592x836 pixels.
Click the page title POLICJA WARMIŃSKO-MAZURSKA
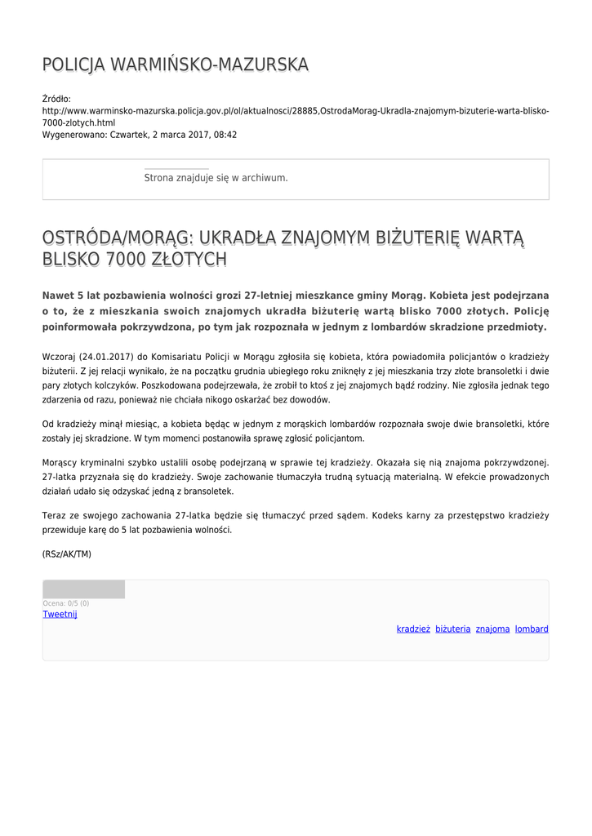pos(175,64)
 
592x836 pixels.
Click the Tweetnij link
pos(60,614)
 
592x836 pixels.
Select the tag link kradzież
pos(413,629)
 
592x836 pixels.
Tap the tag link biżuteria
pos(452,629)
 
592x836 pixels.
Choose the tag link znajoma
pos(492,629)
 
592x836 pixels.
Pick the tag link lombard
pos(532,629)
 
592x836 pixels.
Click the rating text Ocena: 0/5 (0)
pos(66,603)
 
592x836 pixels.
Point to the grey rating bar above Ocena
pos(83,589)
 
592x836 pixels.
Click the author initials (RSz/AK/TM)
pos(67,554)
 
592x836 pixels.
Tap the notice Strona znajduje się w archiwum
pos(216,177)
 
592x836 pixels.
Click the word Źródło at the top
pos(56,99)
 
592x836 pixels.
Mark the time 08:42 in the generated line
pos(225,135)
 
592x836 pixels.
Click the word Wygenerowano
pos(73,135)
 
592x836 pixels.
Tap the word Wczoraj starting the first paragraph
pos(58,357)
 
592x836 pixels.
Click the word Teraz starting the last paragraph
pos(54,516)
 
